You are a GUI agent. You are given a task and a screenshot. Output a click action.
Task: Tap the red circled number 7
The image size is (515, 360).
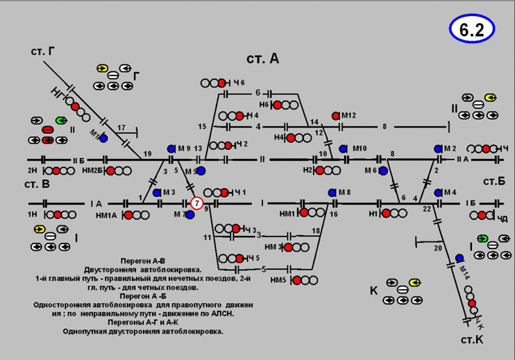[x=197, y=203]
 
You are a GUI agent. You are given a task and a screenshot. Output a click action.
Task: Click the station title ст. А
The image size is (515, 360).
[x=262, y=59]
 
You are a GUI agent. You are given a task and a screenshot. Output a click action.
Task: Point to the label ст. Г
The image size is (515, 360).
[x=43, y=52]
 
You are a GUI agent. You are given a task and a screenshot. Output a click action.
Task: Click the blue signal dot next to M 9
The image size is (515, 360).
[x=171, y=149]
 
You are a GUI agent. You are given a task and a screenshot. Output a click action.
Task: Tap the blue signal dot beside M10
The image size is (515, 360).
[x=343, y=148]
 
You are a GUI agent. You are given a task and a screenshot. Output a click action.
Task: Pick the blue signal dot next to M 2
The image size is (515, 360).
[x=438, y=149]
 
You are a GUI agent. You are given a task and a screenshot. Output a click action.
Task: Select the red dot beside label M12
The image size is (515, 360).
[x=336, y=116]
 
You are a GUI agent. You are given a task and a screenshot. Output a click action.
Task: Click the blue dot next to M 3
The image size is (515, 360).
[x=157, y=193]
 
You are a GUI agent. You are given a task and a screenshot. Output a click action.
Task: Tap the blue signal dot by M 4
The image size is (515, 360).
[x=438, y=193]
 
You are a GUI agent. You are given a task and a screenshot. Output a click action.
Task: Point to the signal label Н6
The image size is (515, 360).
[x=264, y=105]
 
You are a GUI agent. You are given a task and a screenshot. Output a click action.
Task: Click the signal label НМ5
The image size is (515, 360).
[x=278, y=280]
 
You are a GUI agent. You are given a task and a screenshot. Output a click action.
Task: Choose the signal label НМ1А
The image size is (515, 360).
[x=106, y=215]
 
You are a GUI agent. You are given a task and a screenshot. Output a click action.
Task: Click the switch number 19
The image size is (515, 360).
[x=147, y=153]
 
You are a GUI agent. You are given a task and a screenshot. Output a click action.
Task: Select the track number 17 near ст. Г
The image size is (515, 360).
[x=121, y=127]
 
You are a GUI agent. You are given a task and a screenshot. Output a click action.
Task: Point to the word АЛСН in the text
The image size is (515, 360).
[x=220, y=314]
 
